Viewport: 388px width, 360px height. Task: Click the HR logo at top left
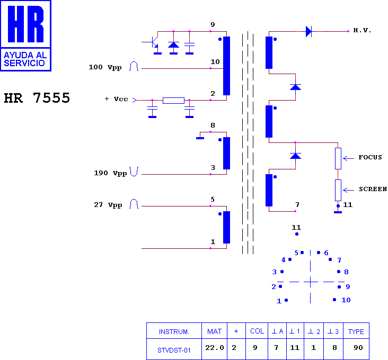26,36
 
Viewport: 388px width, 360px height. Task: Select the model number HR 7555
37,98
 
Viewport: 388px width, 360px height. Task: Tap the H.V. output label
362,30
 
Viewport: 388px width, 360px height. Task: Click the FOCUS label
370,157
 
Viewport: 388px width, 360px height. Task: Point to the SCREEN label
373,189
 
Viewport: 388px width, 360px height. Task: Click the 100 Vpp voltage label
105,67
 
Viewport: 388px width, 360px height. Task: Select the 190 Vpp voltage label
110,173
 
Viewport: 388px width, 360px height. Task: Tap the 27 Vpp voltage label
108,205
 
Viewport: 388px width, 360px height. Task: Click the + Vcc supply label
116,99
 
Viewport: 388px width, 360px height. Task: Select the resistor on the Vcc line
173,100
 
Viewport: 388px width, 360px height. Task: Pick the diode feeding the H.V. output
308,31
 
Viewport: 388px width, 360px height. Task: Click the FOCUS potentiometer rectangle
338,159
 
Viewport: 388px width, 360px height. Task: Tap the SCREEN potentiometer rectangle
338,190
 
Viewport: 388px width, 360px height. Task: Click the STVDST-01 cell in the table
174,350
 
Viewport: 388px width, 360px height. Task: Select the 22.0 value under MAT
215,348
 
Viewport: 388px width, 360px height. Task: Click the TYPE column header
356,331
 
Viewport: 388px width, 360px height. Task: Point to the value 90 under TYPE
358,348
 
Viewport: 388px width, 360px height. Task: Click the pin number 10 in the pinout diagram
346,300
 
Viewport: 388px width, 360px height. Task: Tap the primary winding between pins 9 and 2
227,66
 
